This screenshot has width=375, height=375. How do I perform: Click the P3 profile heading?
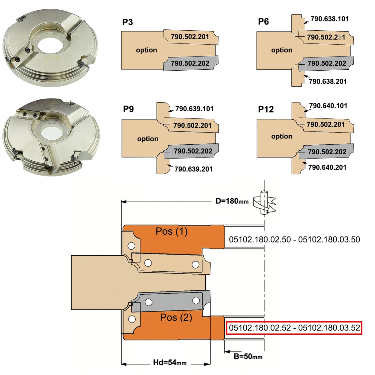pos(127,22)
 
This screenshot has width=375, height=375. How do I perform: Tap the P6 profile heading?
pos(263,22)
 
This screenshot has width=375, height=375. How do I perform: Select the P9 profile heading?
pos(128,109)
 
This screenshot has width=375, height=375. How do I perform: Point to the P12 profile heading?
pos(266,109)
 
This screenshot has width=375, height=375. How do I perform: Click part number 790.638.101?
pos(329,19)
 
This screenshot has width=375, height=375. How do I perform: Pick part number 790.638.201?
pos(328,81)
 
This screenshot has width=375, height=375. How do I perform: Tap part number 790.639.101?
pos(194,109)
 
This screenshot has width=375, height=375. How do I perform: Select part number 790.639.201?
pos(193,169)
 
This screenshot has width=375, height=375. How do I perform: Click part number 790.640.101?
pos(328,106)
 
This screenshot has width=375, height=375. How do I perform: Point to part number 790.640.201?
pos(327,167)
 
